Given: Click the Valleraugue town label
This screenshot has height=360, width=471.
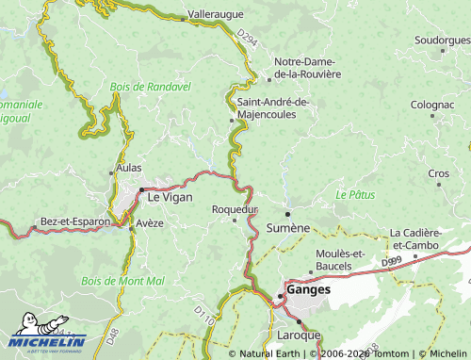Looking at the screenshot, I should click(216, 15).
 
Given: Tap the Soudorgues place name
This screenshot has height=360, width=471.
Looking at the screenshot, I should click(442, 41).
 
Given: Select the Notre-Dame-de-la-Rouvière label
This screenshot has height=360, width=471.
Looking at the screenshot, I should click(307, 68).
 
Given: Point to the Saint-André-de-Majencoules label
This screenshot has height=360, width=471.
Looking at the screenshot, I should click(273, 107).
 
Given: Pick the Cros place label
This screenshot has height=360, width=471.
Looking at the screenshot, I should click(439, 173).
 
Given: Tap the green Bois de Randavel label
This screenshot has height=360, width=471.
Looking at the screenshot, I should click(150, 86).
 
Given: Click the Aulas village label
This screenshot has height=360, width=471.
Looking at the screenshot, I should click(127, 168).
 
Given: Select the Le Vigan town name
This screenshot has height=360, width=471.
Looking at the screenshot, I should click(169, 196).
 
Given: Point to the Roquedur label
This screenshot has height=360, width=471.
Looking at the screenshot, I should click(235, 208).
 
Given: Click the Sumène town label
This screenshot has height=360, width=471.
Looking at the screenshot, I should click(288, 228).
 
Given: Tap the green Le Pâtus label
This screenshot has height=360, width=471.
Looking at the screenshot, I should click(355, 194).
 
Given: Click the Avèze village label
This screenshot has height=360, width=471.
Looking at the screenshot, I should click(150, 223).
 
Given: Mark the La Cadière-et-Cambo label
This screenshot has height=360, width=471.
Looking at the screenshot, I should click(429, 238).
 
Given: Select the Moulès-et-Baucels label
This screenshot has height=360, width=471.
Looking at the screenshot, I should click(341, 259).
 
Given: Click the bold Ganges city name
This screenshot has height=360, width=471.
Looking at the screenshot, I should click(310, 290).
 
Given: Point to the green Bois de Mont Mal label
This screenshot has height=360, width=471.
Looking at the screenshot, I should click(123, 281).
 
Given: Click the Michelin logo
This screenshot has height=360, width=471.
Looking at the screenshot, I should click(49, 332).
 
